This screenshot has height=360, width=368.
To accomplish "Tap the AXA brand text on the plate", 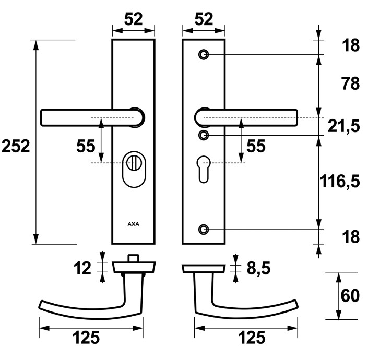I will tap(134, 224).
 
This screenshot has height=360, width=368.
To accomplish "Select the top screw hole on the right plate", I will tap(204, 54).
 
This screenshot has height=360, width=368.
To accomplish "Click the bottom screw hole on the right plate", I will tap(204, 229).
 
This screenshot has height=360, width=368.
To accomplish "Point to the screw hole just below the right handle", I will tap(204, 135).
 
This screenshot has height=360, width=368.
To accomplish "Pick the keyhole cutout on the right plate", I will tap(204, 168).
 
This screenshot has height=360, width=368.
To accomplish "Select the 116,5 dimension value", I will tap(340, 181).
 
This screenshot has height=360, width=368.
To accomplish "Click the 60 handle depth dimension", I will tap(350, 296).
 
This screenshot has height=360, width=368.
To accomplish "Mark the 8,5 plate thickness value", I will tap(257, 269).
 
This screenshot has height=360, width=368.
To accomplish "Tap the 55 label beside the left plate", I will tap(86, 146).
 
